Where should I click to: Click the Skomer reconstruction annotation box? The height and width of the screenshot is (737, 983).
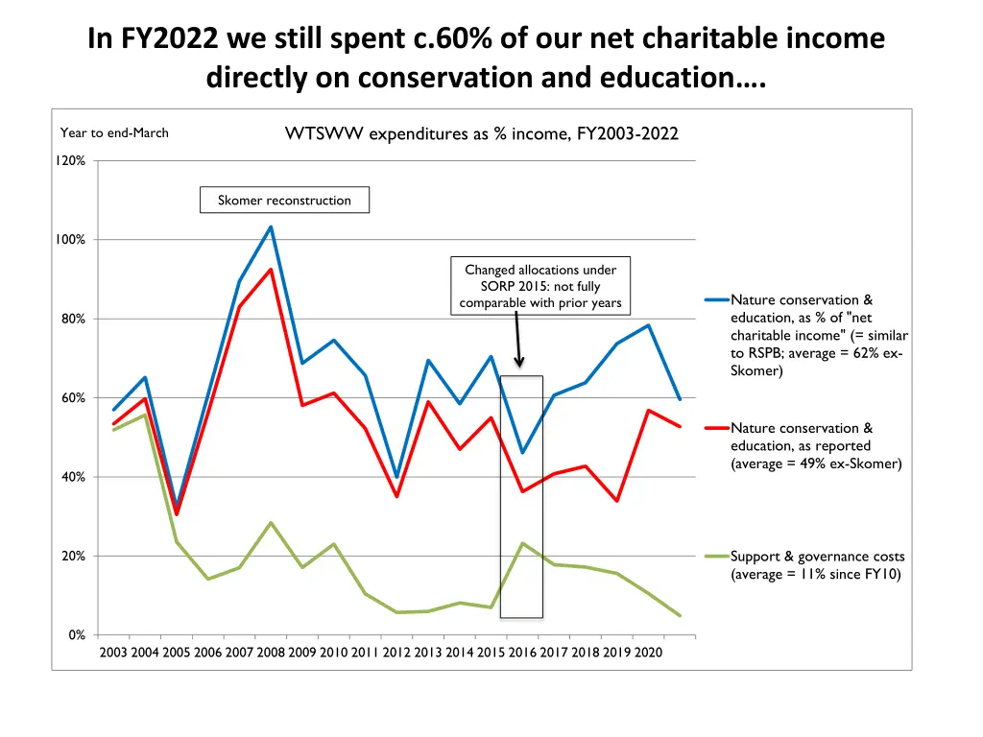tap(284, 201)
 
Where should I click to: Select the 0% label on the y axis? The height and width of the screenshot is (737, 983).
tap(77, 635)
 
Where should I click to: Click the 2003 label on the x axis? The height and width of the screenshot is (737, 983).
tap(113, 654)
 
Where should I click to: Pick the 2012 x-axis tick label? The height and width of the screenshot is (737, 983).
tap(396, 654)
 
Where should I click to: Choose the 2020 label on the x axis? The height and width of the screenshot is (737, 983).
tap(647, 654)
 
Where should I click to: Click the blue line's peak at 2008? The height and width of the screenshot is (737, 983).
tap(271, 227)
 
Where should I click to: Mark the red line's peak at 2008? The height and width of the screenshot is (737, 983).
tap(271, 269)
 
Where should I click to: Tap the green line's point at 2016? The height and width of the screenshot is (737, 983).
tap(522, 543)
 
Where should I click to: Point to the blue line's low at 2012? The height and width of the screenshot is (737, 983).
tap(396, 477)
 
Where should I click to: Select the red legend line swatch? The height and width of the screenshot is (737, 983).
tap(716, 428)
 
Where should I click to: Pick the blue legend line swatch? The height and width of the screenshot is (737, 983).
tap(716, 300)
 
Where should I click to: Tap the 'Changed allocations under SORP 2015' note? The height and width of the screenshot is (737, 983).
tap(540, 286)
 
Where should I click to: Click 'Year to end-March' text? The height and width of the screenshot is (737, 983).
tap(114, 133)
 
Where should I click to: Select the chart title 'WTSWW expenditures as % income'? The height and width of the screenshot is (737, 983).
tap(481, 134)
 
